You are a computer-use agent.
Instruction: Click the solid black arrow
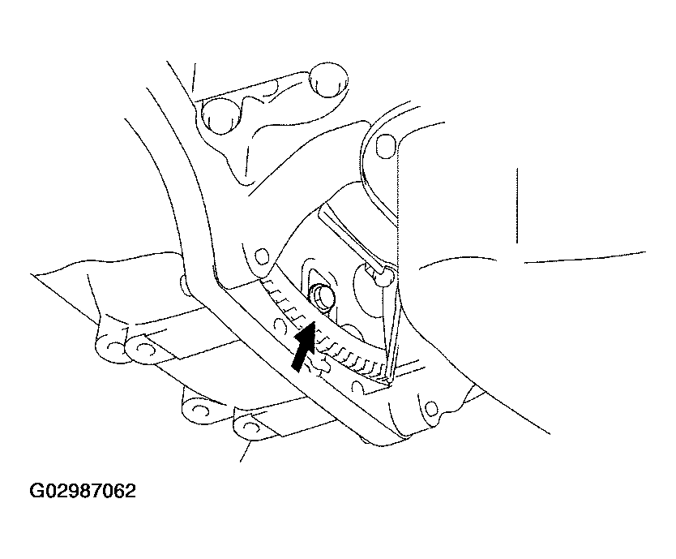pos(303,346)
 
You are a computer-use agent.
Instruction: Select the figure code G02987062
pos(83,491)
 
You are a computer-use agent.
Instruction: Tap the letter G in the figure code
pos(36,491)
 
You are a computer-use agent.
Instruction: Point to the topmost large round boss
pos(329,80)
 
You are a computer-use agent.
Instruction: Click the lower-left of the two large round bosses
pos(220,115)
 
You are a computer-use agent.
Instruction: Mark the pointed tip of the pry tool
pos(390,383)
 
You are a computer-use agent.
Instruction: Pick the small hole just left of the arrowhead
pos(280,324)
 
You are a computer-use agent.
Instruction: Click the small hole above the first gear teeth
pos(261,257)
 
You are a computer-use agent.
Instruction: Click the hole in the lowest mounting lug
pos(250,428)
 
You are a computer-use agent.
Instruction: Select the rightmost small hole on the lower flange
pos(430,407)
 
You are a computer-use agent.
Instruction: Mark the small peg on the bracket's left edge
pos(183,286)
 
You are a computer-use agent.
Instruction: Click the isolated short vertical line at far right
pos(517,205)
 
